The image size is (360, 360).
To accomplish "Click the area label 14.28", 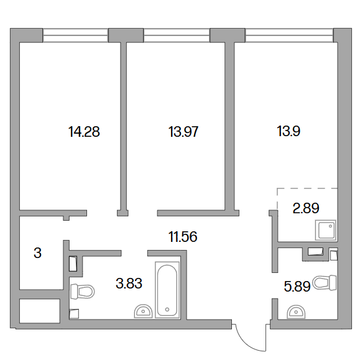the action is point(84,132).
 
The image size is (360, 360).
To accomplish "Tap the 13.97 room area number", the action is point(183,132).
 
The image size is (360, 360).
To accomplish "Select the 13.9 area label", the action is point(288,131).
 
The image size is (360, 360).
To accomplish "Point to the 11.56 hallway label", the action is point(183,237).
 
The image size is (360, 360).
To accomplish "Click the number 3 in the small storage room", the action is point(38,253).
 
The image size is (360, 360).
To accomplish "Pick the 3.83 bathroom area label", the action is point(129,283).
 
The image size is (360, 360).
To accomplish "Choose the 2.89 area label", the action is point(306,208).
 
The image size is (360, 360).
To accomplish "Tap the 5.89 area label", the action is point(297,286).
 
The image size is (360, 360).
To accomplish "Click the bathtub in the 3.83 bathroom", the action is point(167,290).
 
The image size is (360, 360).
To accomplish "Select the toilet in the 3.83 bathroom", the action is point(82,292).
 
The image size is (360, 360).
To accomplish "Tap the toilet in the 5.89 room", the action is point(325,283).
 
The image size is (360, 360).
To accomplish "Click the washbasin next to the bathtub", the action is point(143,311).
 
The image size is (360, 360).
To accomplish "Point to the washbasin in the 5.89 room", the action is point(296,312).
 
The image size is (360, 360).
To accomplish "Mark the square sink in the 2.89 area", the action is point(326,230).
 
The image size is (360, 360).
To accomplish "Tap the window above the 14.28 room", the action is point(75,35).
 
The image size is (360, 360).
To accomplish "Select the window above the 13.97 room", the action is point(177,35).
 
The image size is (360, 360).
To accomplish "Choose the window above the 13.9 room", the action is point(289,35).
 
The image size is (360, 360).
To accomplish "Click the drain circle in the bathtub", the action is point(167,310).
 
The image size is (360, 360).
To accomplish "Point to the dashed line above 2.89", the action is point(307,188).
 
